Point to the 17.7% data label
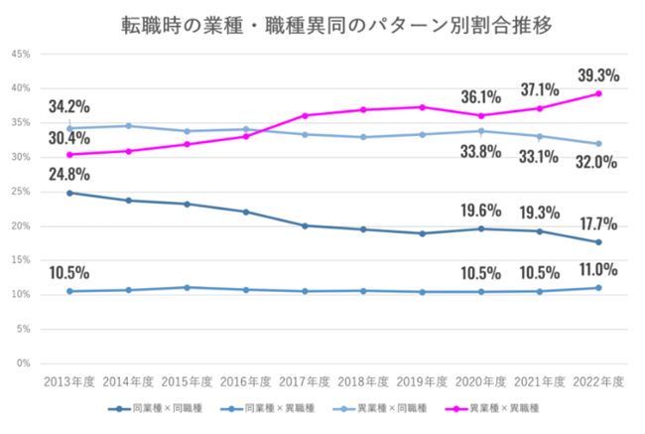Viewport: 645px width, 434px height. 597,221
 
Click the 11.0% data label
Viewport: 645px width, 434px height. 597,269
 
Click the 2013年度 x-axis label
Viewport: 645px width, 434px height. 68,380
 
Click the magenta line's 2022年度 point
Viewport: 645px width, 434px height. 597,93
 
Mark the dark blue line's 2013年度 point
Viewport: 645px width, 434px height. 68,193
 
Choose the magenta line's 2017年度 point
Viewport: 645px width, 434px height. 305,115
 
